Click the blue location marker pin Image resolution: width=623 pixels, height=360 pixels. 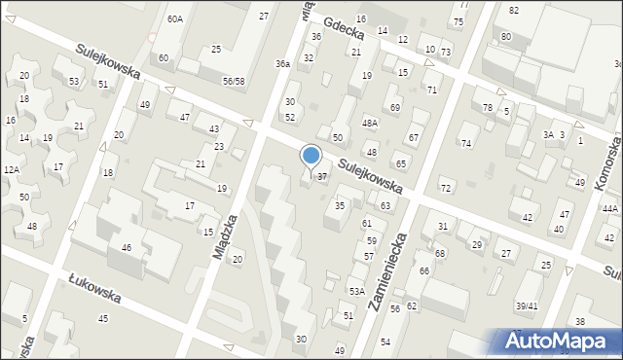pyautogui.click(x=311, y=156)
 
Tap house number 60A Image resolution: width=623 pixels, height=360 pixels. pyautogui.click(x=174, y=18)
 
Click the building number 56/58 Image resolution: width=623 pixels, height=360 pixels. pyautogui.click(x=233, y=82)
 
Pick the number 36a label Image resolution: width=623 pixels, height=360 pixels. pyautogui.click(x=281, y=63)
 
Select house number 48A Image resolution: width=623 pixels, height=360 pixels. pyautogui.click(x=370, y=123)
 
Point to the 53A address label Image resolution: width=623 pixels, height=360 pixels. pyautogui.click(x=357, y=291)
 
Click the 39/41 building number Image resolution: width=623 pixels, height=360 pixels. pyautogui.click(x=527, y=306)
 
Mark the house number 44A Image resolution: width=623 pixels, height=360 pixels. pyautogui.click(x=609, y=208)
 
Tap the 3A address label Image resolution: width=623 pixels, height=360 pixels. pyautogui.click(x=548, y=134)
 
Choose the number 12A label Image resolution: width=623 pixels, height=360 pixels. pyautogui.click(x=11, y=169)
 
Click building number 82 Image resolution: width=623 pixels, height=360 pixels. pyautogui.click(x=513, y=9)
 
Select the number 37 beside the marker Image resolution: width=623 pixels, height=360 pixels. pyautogui.click(x=323, y=176)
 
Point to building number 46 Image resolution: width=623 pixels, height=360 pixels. pyautogui.click(x=127, y=248)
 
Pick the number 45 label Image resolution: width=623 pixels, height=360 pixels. pyautogui.click(x=102, y=318)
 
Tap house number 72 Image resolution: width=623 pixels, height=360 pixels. pyautogui.click(x=446, y=187)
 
